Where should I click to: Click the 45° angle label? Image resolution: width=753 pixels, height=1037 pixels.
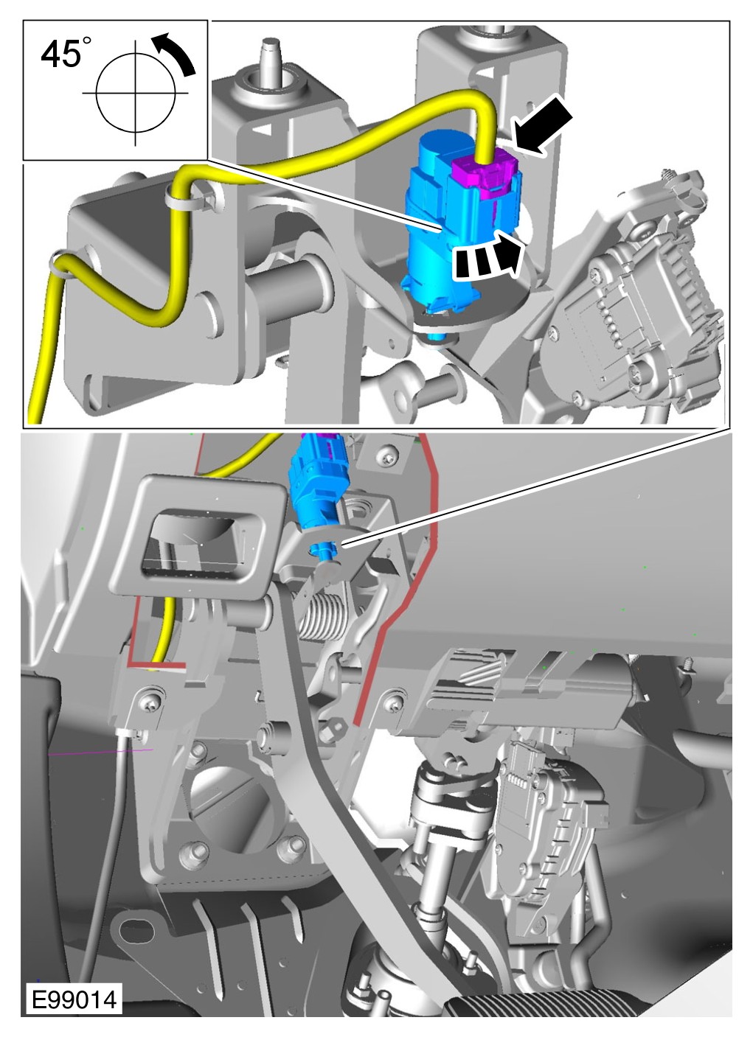(66, 54)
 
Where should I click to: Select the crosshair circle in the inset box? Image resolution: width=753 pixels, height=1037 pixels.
(136, 93)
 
